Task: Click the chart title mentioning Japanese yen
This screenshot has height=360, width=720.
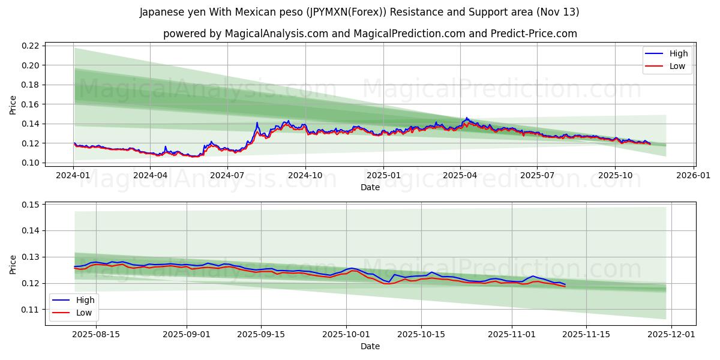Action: [x=359, y=12]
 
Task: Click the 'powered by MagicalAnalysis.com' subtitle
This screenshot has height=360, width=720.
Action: [x=370, y=34]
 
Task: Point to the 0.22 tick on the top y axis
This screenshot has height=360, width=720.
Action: [x=31, y=46]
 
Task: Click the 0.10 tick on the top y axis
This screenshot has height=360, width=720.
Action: [x=31, y=163]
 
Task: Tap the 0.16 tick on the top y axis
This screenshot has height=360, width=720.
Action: [x=31, y=104]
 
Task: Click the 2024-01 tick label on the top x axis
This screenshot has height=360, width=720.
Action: [x=73, y=175]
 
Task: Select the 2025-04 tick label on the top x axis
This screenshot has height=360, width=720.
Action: [x=460, y=175]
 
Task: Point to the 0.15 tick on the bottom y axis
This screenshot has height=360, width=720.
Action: [x=31, y=205]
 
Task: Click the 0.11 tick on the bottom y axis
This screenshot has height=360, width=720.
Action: [x=31, y=310]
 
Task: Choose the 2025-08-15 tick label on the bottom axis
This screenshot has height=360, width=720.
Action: [x=96, y=334]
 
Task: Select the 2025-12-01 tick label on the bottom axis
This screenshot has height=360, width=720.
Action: [x=671, y=334]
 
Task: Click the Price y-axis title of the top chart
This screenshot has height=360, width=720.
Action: [x=13, y=104]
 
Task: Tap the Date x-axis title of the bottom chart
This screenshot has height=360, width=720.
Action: [x=370, y=346]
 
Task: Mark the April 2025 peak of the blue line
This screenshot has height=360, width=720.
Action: [x=466, y=118]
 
